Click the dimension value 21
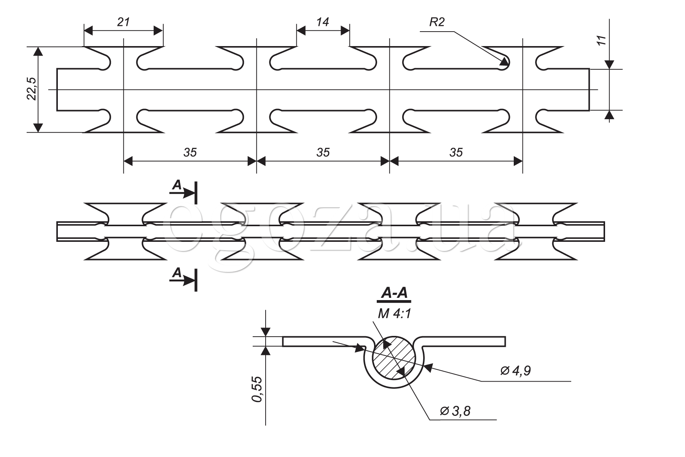coord(123,22)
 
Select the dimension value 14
coord(322,22)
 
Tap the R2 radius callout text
coord(436,22)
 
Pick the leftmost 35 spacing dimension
coord(190,152)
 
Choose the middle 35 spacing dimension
coord(323,152)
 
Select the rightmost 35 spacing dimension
coord(456,152)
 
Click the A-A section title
coord(394,294)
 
